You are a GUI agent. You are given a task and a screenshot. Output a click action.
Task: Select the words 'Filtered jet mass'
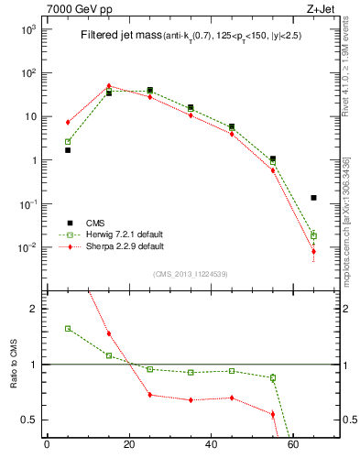117,35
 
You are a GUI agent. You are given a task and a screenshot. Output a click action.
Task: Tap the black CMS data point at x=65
313,197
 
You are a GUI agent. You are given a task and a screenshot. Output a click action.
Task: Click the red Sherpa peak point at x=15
109,86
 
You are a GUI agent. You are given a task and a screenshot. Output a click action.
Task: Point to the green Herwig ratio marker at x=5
68,328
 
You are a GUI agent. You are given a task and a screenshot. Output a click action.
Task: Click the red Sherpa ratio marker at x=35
191,400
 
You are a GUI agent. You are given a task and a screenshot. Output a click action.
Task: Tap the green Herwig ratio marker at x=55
273,377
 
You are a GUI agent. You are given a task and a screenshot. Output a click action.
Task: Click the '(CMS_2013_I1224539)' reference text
190,273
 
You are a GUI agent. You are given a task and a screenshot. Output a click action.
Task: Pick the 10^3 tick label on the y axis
28,29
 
